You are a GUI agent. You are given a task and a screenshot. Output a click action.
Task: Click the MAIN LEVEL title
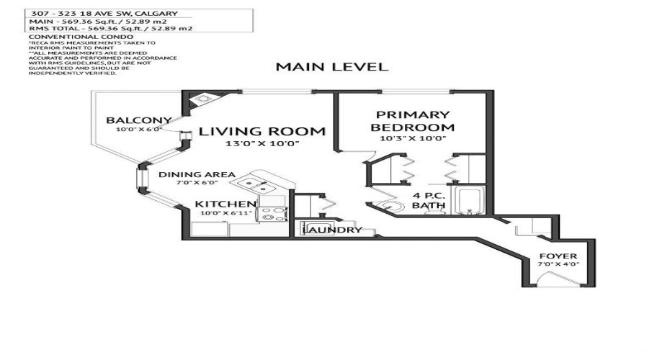point(332,67)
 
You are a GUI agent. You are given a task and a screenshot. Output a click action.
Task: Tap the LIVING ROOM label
point(262,132)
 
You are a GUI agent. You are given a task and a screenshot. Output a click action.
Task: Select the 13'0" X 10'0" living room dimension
point(262,145)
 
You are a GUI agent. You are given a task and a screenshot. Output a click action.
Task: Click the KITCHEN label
point(225,204)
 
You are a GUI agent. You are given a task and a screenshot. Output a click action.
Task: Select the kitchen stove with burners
point(274,213)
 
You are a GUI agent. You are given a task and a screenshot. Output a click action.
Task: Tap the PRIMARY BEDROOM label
point(413,120)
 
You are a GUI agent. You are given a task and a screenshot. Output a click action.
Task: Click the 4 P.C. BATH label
point(429,201)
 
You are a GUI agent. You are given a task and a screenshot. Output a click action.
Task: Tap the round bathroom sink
point(390,207)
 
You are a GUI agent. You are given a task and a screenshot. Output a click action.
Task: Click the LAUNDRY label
point(331,230)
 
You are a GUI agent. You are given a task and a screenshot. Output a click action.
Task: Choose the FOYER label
point(558,256)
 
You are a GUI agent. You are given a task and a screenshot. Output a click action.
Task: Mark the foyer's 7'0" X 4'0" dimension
point(558,265)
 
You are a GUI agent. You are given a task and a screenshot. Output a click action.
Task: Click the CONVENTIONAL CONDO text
point(81,36)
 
